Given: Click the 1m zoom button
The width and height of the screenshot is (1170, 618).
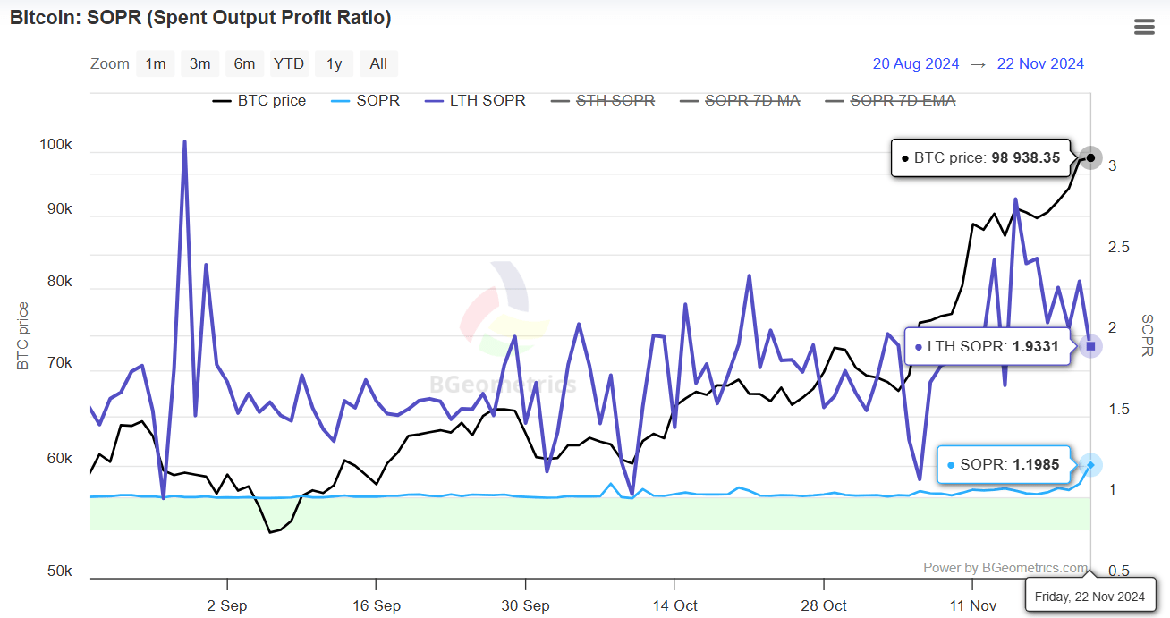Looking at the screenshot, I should click(x=156, y=63).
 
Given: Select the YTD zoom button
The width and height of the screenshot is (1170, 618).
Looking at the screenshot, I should click(x=289, y=63).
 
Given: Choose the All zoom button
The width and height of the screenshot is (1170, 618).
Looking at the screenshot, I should click(x=378, y=63).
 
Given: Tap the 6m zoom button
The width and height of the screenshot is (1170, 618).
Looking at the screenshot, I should click(x=244, y=63).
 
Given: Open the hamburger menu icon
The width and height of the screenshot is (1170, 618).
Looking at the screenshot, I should click(x=1144, y=27).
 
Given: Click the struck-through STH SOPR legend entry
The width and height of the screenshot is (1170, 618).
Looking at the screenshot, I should click(x=615, y=100).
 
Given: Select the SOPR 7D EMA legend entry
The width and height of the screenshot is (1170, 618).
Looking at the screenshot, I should click(x=902, y=100).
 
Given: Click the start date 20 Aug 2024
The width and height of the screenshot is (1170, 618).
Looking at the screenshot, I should click(x=915, y=63).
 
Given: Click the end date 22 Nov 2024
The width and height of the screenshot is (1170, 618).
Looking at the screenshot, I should click(x=1040, y=63).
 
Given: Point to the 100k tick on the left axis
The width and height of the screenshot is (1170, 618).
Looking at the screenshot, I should click(x=55, y=144).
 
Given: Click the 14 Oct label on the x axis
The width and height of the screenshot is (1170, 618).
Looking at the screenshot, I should click(x=675, y=605).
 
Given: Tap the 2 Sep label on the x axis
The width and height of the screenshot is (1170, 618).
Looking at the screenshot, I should click(x=226, y=605).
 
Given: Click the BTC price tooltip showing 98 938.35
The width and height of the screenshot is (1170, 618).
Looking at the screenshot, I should click(x=980, y=157).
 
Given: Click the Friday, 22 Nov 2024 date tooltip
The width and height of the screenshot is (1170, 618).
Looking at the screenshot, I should click(x=1089, y=596).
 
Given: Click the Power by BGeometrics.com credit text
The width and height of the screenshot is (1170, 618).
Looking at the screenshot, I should click(x=1005, y=567).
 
